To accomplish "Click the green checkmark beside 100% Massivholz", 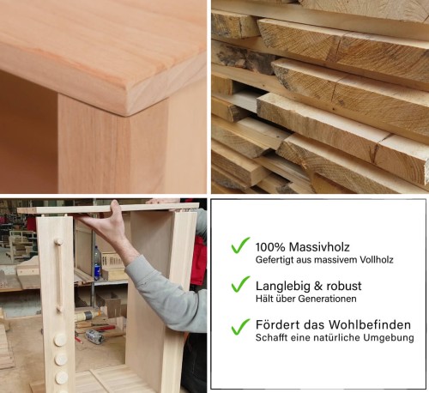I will tap(240, 245).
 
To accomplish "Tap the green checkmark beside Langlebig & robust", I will tap(240, 285).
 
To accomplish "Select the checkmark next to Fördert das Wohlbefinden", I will tap(240, 326).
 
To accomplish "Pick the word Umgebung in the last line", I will tap(390, 339).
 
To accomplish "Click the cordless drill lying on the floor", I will tap(94, 336).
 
